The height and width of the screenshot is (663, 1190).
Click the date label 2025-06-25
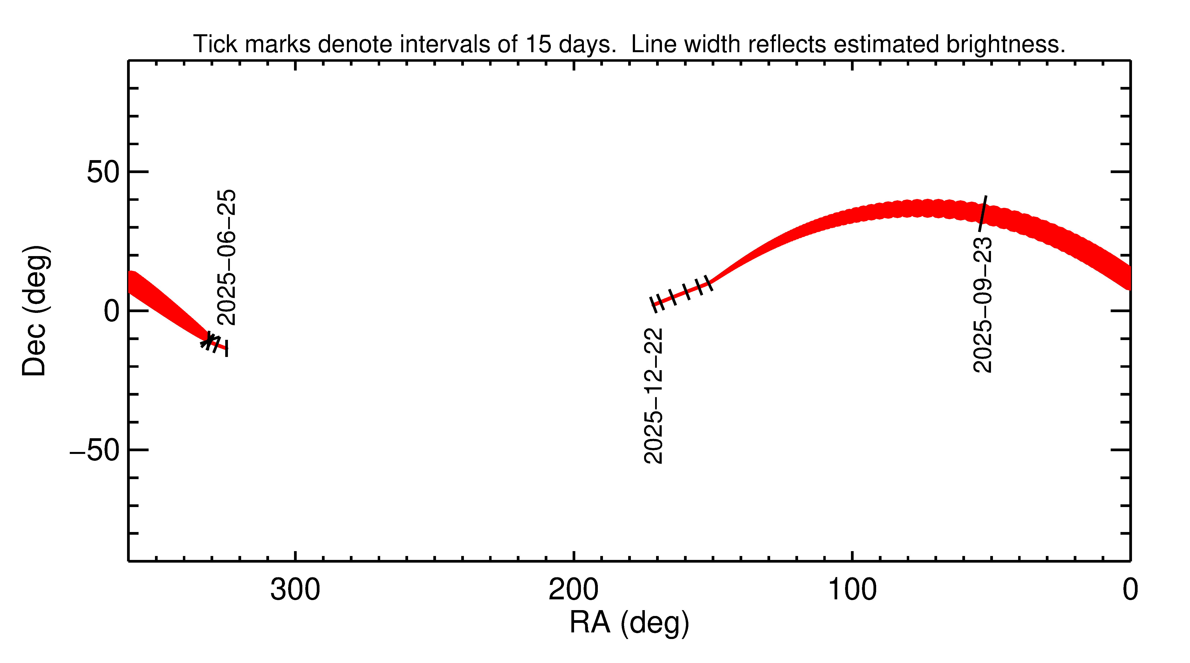tap(226, 257)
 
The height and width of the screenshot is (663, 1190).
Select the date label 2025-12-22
tap(653, 396)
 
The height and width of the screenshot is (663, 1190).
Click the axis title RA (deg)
tap(629, 623)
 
